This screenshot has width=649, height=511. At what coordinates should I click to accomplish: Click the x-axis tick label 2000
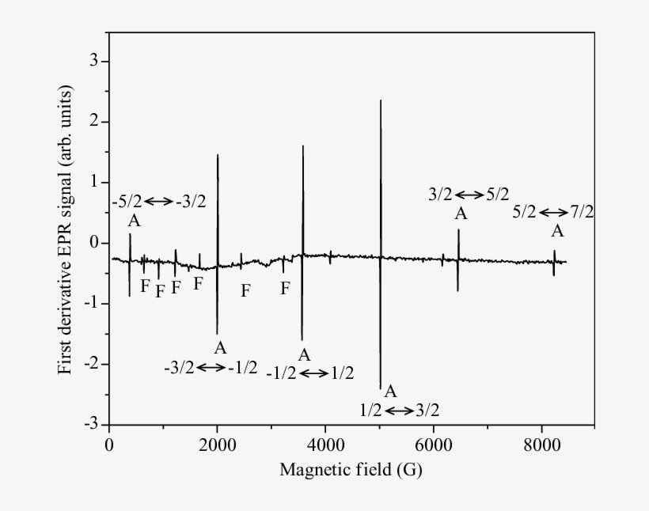[217, 443]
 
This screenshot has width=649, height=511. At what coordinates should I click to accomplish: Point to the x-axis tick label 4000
[325, 443]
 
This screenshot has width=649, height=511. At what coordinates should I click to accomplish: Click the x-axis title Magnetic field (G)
[351, 470]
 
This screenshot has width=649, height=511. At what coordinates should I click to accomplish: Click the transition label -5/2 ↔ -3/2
[159, 201]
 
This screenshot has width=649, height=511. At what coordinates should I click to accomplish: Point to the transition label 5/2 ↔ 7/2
[553, 211]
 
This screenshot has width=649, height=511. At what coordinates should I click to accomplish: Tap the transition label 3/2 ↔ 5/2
[469, 194]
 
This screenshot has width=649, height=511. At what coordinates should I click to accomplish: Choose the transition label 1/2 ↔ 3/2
[399, 410]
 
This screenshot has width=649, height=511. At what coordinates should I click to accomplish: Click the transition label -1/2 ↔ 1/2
[310, 373]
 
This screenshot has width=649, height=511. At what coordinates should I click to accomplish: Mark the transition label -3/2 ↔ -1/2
[211, 367]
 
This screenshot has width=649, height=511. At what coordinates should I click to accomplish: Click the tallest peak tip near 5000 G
[381, 101]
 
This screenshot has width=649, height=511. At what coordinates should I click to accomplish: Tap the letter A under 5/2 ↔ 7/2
[558, 231]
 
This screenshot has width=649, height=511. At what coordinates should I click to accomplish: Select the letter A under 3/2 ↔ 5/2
[461, 213]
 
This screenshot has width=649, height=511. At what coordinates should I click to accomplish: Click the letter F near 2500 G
[245, 290]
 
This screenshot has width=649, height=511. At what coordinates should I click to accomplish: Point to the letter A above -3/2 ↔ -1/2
[220, 347]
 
